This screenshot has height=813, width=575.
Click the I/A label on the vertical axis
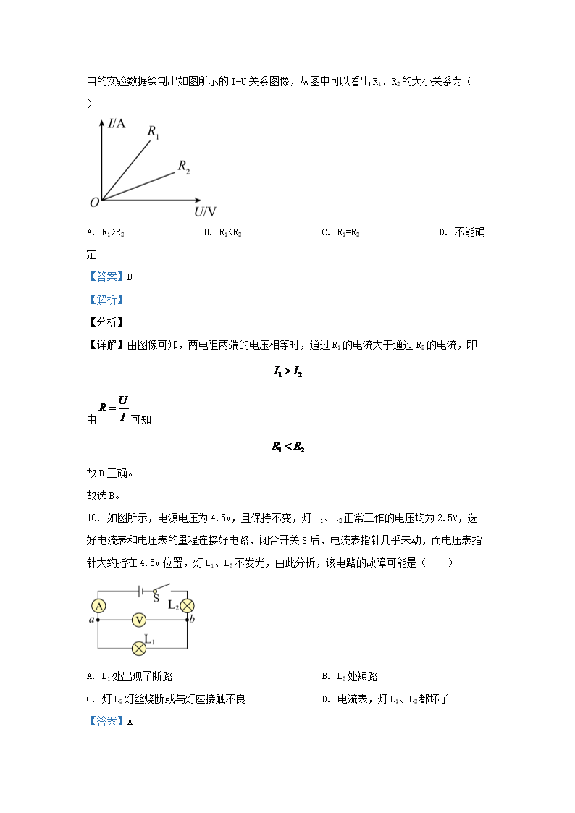[x=117, y=124]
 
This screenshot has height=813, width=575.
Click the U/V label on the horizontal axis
[x=205, y=211]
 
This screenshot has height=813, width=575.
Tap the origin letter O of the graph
[x=93, y=203]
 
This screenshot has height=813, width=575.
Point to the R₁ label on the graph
[x=154, y=132]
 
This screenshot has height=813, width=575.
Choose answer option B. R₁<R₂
[x=222, y=232]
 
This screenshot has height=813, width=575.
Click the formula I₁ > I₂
[x=287, y=372]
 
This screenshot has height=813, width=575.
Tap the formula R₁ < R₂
[x=287, y=447]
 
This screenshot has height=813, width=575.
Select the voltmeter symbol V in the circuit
[x=138, y=620]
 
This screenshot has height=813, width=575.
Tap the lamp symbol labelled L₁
[x=138, y=646]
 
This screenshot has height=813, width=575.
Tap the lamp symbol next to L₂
[x=188, y=606]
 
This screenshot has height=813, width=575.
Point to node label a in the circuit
[x=91, y=620]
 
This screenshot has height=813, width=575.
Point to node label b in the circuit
[x=192, y=620]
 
